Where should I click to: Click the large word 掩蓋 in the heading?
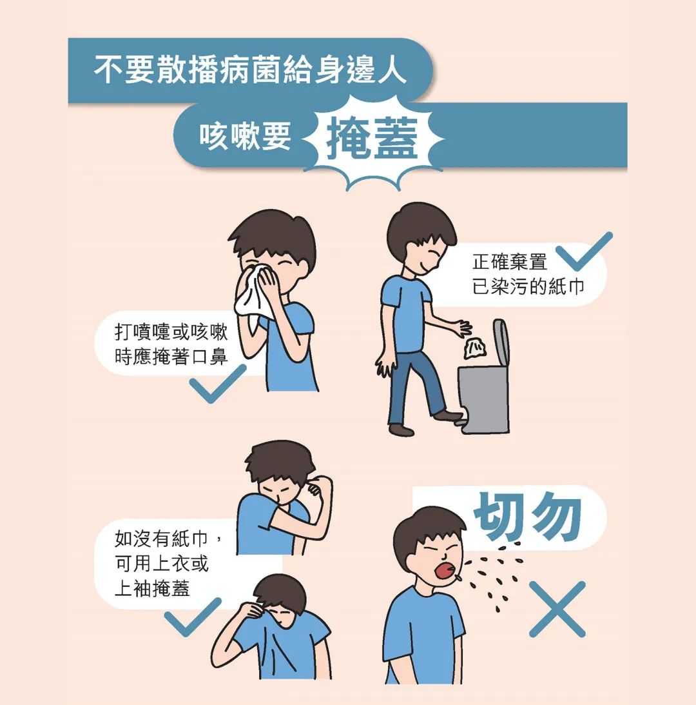pos(372,139)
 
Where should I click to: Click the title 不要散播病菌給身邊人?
pos(250,70)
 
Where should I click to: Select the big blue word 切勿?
pos(528,517)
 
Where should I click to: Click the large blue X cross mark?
pos(557,609)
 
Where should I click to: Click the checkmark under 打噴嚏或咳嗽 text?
pos(217,384)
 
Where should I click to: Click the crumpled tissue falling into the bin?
pos(475,349)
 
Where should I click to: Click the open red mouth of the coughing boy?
pos(445,570)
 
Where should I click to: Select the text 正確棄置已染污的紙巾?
pos(528,274)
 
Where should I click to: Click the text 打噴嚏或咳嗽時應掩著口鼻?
pos(171,344)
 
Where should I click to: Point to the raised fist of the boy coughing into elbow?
pos(316,490)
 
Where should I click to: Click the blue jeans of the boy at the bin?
pos(416,387)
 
